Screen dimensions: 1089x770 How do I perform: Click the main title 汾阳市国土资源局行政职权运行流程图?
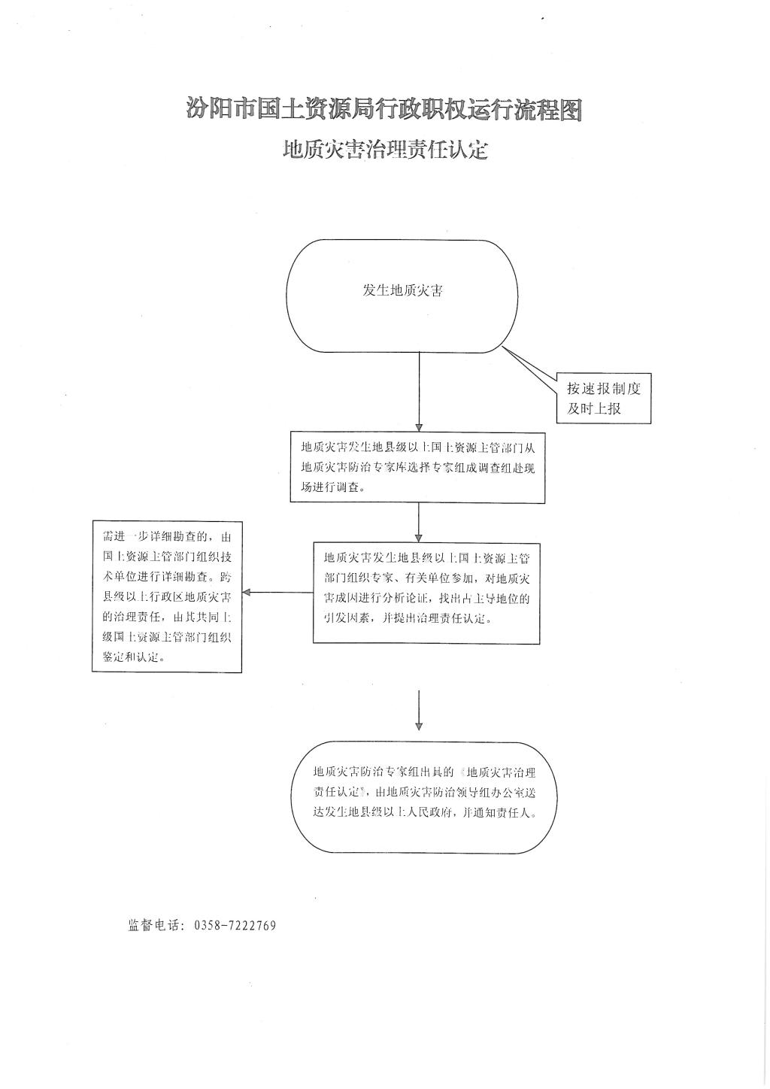coord(384,110)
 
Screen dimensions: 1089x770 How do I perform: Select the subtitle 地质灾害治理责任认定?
coord(385,150)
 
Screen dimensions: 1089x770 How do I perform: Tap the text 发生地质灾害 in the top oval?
coord(402,291)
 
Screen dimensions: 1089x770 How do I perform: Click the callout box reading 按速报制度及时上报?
coord(603,399)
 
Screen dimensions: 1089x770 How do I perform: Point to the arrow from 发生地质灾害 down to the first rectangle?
coord(419,391)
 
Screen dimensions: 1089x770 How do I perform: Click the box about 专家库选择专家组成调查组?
coord(418,466)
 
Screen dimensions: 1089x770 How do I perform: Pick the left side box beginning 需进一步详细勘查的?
coord(167,596)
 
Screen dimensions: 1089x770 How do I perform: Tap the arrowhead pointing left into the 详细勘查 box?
coord(247,592)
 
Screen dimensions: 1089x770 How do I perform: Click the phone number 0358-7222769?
coord(235,926)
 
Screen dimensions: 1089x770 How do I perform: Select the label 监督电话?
coord(153,926)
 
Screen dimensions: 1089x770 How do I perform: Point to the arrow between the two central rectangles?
coord(419,521)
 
